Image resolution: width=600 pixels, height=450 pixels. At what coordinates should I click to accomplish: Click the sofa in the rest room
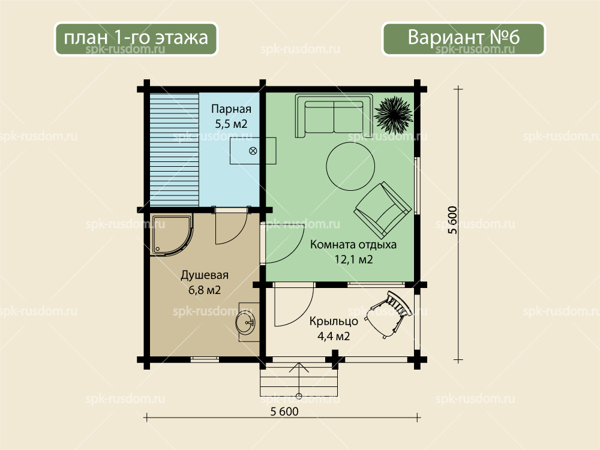click(x=334, y=116)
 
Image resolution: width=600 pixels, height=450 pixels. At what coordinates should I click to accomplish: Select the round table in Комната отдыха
click(x=350, y=166)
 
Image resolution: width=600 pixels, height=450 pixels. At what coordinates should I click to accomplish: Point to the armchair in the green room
click(x=382, y=209)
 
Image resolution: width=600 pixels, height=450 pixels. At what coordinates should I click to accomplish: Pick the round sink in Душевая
click(x=245, y=322)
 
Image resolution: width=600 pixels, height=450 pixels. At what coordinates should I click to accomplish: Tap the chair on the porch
click(x=388, y=314)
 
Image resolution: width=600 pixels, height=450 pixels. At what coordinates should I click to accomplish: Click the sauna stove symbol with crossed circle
click(x=253, y=151)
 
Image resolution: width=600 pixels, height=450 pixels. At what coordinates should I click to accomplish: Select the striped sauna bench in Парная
click(x=174, y=149)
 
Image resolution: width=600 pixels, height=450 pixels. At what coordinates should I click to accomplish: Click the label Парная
click(x=231, y=109)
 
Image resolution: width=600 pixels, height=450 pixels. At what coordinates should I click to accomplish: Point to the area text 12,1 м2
click(x=353, y=259)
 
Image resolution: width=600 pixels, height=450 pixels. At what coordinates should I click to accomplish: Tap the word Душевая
click(x=205, y=275)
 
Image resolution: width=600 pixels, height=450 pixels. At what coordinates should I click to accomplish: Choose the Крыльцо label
click(x=334, y=321)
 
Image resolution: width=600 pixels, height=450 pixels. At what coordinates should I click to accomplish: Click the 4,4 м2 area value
click(x=334, y=337)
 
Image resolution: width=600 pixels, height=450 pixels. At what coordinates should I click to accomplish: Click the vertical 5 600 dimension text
click(x=452, y=220)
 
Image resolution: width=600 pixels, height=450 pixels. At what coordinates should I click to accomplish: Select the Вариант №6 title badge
click(x=463, y=38)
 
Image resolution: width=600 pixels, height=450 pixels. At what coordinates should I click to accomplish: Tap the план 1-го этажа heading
click(x=136, y=38)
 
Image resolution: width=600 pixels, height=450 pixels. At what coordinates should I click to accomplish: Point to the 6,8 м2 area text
click(x=205, y=290)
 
